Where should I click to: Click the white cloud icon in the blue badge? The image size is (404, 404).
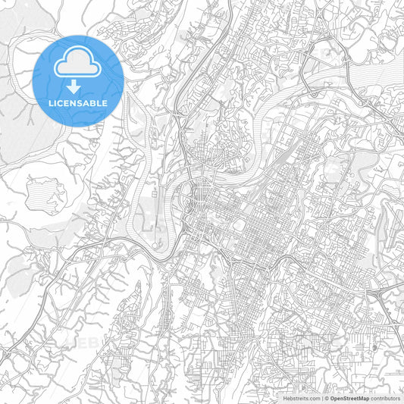point(78,62)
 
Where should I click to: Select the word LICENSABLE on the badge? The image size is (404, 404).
point(78,102)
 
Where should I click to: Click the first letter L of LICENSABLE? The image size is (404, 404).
point(51,102)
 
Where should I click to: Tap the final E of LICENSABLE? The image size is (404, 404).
point(105,102)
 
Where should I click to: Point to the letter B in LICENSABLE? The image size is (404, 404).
point(92,102)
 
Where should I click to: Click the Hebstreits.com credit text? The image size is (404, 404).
point(300,397)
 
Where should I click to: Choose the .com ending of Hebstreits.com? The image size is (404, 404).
point(313,397)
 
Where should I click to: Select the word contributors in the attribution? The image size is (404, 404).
point(385,397)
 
